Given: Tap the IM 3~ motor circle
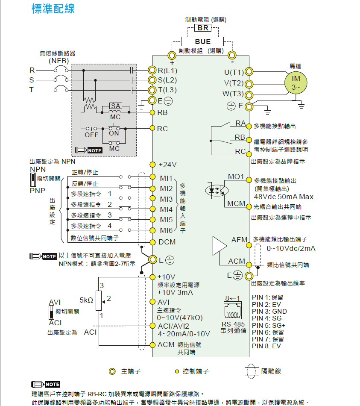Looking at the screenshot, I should [296, 82].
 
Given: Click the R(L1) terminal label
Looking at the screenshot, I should [167, 71].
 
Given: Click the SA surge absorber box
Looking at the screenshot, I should [115, 106].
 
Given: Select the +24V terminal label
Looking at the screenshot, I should [167, 165].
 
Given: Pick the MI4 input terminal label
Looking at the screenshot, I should [166, 210].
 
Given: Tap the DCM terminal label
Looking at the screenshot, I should [167, 242].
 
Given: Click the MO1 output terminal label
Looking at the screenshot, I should [236, 177].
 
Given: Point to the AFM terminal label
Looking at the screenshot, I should [239, 240].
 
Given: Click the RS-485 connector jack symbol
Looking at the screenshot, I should [233, 309].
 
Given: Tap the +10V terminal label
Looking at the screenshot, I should [167, 277].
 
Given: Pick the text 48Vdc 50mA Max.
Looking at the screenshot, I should [284, 197].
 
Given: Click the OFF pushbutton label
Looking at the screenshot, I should [91, 135].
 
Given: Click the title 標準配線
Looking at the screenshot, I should [53, 9].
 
